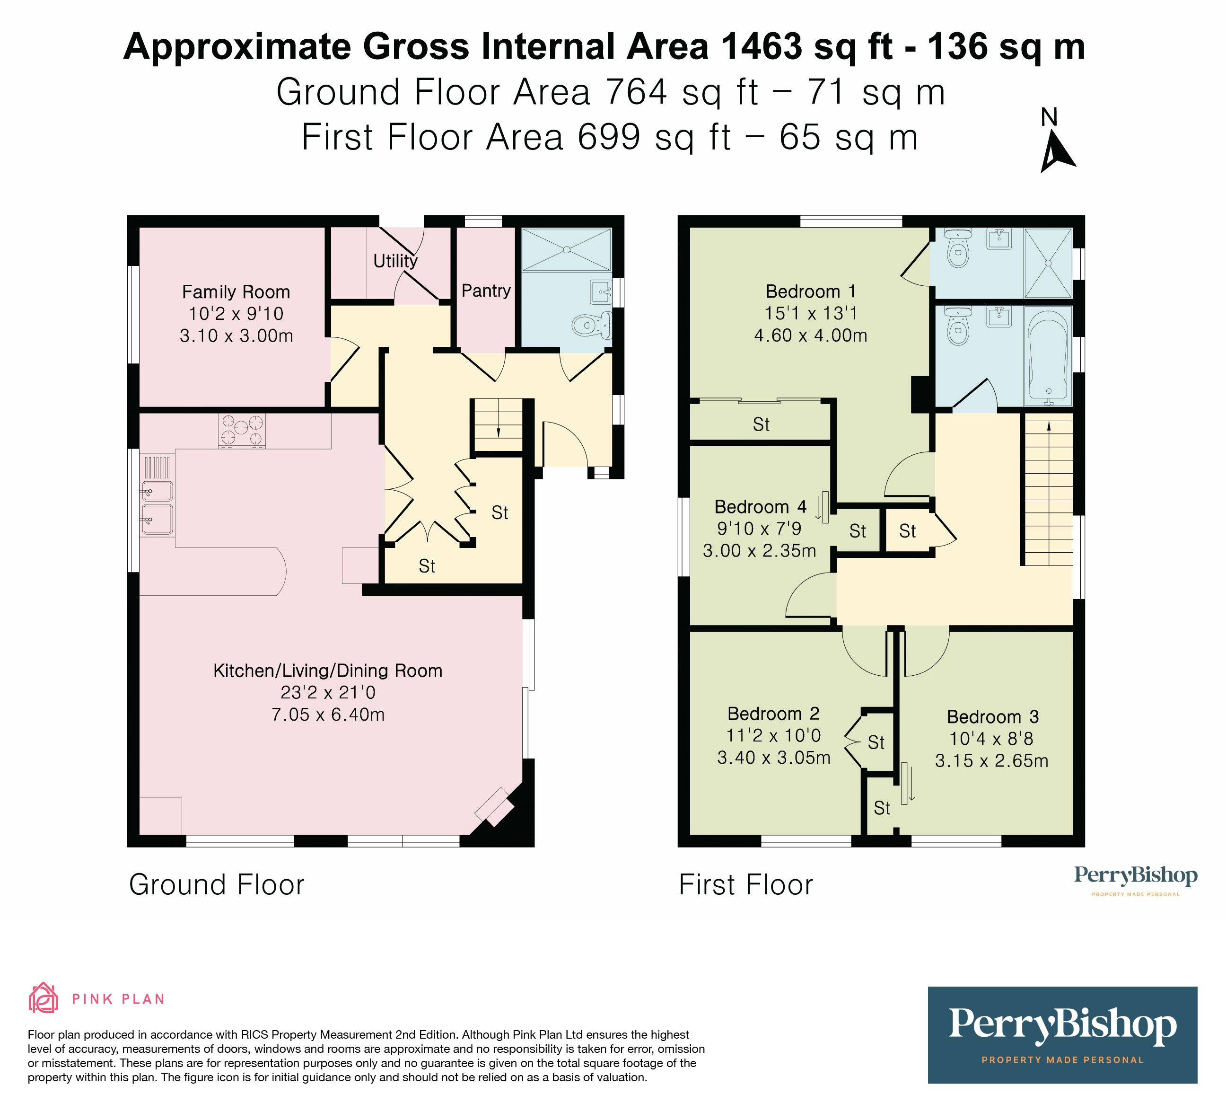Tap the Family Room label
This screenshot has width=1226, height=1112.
point(236,292)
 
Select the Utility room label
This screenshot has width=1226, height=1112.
point(395,261)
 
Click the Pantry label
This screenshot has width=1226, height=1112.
point(485,291)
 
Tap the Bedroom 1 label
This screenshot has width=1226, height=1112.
point(810,291)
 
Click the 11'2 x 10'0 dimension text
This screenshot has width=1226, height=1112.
point(773,735)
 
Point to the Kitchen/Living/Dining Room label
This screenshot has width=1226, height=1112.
point(327,671)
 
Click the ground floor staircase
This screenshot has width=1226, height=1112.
point(498,424)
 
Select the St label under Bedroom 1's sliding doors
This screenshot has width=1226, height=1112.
point(761,424)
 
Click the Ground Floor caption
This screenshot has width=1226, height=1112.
point(217,884)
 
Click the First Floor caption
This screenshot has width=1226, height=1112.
point(745,884)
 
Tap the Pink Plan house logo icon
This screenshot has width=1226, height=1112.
point(43,998)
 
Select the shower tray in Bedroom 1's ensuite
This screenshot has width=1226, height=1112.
point(1048,263)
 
